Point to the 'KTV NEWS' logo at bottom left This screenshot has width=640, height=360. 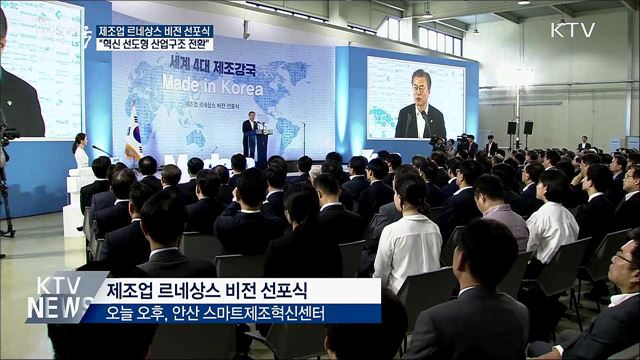[x=59, y=297]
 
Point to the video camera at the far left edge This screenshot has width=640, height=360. [x=7, y=135]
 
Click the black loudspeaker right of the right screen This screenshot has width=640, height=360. [x=511, y=127]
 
